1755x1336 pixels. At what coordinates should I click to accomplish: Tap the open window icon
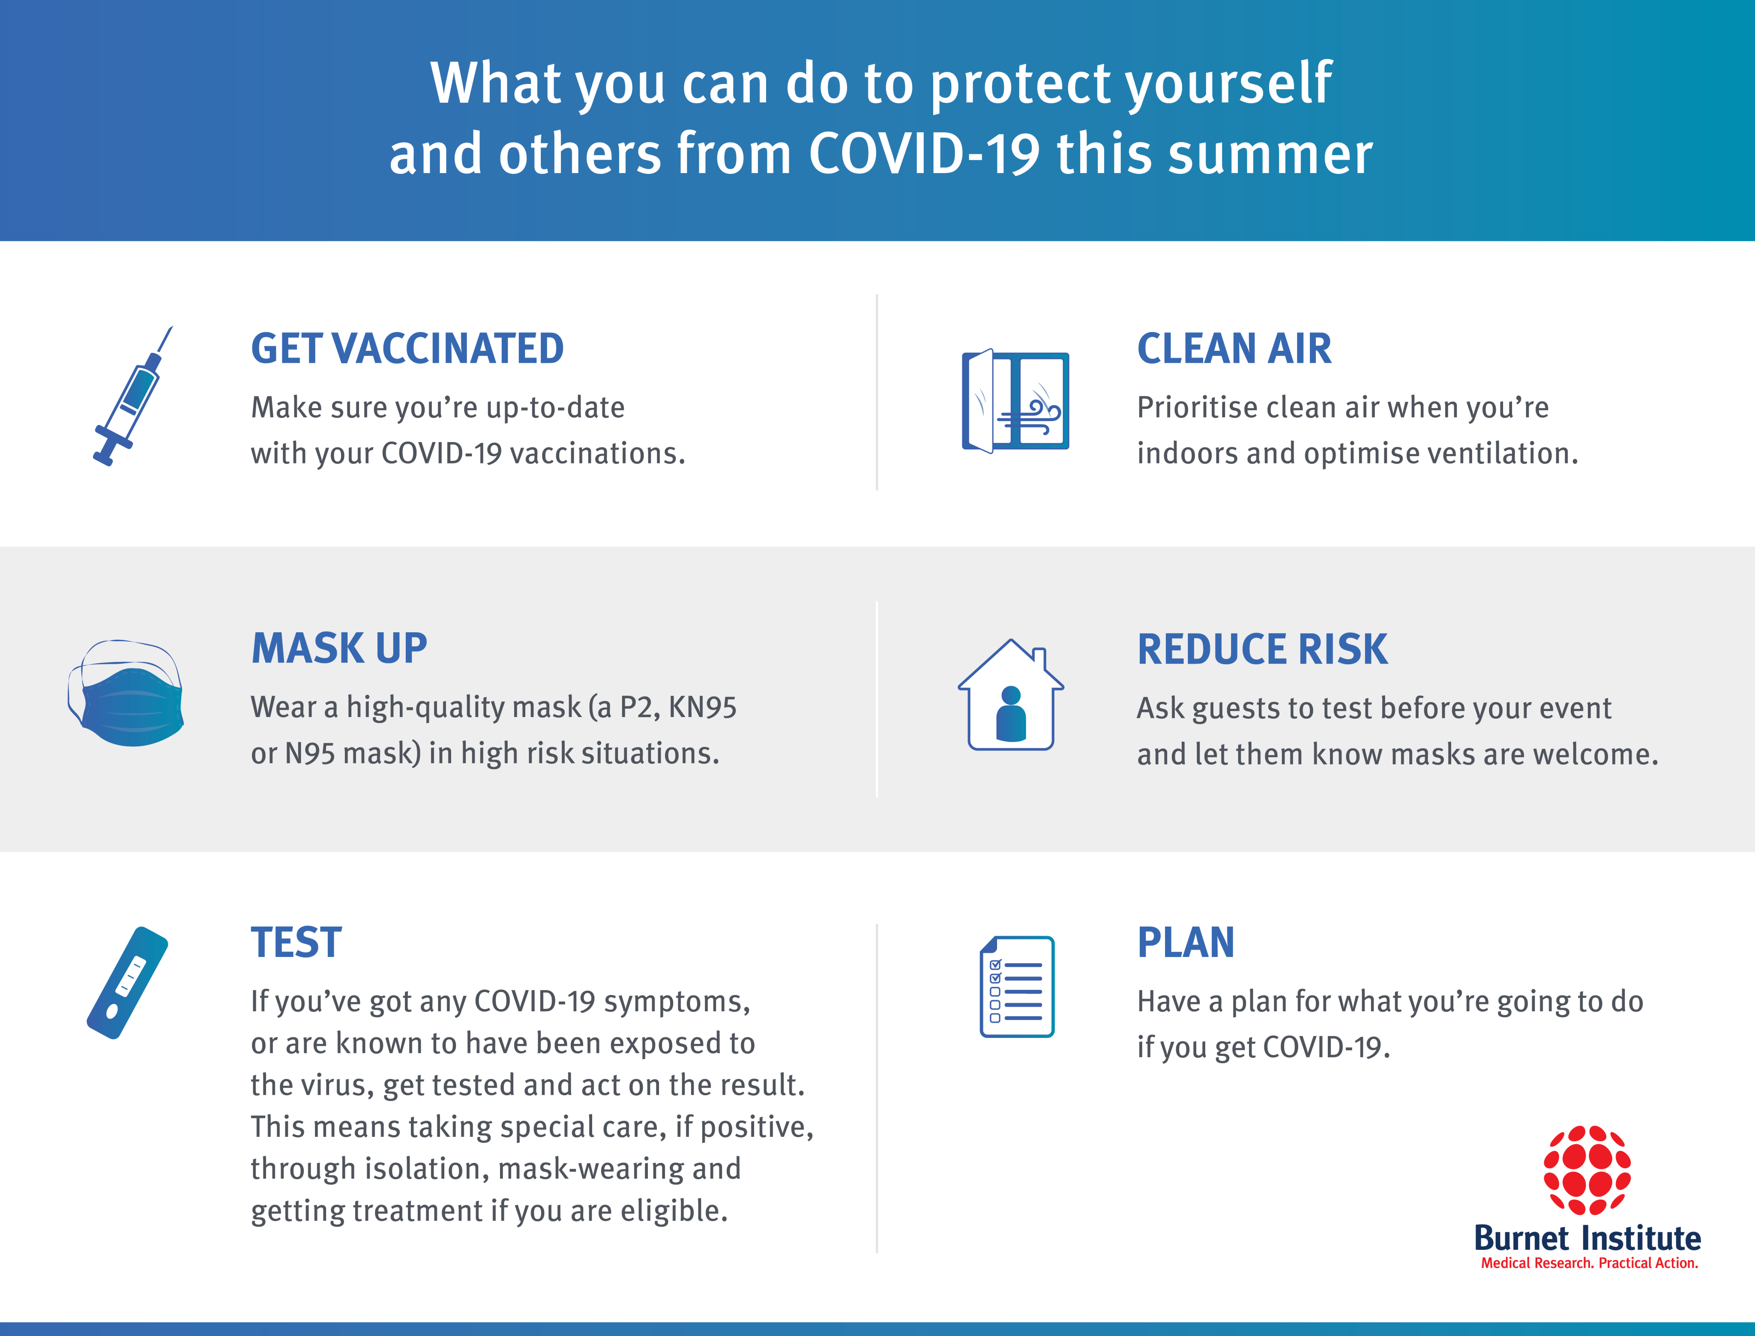[x=1015, y=401]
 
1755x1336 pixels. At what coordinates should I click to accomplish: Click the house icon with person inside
[x=1010, y=694]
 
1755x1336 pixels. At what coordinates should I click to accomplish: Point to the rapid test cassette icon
[x=127, y=983]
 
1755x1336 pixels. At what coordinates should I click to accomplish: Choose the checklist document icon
[x=1017, y=986]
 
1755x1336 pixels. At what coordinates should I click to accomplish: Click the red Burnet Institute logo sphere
[x=1587, y=1170]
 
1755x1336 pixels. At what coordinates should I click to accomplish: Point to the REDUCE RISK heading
[x=1263, y=649]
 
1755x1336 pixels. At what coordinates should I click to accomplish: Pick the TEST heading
[x=296, y=942]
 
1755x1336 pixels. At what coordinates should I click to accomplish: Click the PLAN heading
[x=1186, y=942]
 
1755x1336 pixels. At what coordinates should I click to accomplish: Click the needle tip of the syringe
[x=172, y=326]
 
